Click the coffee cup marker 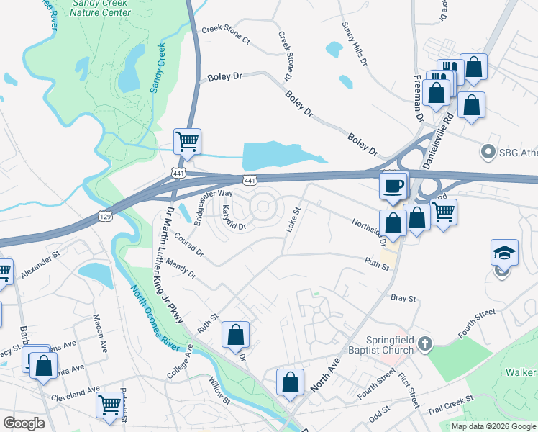click(393, 186)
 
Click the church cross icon click(425, 343)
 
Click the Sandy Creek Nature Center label click(101, 8)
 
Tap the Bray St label click(403, 297)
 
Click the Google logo click(24, 423)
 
